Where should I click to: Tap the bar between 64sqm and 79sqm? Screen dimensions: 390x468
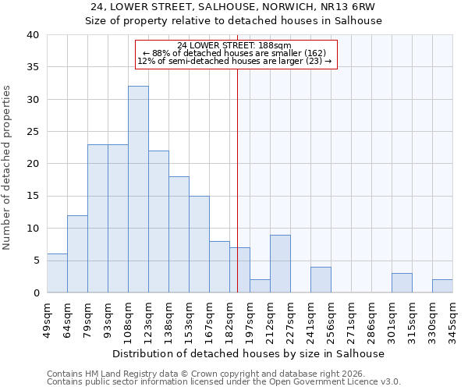(x=77, y=254)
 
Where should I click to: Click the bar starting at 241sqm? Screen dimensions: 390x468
(x=321, y=280)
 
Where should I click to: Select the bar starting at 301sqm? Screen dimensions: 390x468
(x=402, y=283)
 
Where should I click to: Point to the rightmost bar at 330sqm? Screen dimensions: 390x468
(x=442, y=286)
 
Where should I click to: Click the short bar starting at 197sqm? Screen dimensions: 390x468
(x=260, y=286)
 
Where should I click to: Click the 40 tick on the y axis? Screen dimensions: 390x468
(x=33, y=35)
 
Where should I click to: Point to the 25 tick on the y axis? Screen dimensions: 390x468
(x=33, y=132)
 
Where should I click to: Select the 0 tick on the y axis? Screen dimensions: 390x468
(x=36, y=293)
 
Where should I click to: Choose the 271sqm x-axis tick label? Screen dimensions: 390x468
(x=351, y=317)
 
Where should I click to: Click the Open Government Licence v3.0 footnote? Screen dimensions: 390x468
(x=224, y=382)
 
